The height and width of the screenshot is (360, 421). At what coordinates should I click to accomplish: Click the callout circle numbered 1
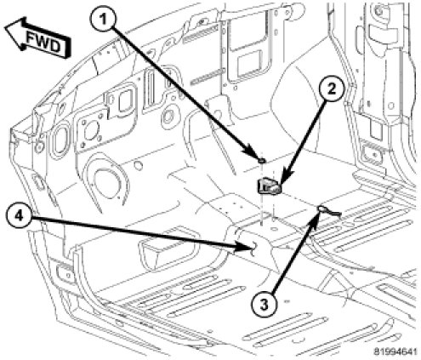pyautogui.click(x=103, y=20)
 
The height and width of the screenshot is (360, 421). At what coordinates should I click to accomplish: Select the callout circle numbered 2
pyautogui.click(x=331, y=89)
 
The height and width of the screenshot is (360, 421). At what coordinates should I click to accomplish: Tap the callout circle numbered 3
pyautogui.click(x=265, y=305)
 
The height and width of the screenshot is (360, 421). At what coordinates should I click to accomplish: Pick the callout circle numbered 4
pyautogui.click(x=18, y=216)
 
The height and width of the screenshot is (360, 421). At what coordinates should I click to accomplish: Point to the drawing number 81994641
pyautogui.click(x=395, y=351)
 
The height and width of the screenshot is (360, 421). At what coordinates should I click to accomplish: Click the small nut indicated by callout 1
pyautogui.click(x=262, y=161)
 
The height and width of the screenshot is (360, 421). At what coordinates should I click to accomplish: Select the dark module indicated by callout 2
pyautogui.click(x=269, y=186)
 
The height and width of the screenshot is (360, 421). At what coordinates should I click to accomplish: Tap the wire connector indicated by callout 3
pyautogui.click(x=328, y=210)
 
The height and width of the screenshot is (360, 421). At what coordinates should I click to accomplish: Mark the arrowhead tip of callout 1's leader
pyautogui.click(x=259, y=160)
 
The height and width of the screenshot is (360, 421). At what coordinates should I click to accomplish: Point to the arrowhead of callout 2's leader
pyautogui.click(x=280, y=185)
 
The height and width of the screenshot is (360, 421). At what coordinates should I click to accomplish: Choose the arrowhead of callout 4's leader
pyautogui.click(x=253, y=249)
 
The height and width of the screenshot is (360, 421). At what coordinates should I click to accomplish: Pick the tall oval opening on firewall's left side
pyautogui.click(x=60, y=142)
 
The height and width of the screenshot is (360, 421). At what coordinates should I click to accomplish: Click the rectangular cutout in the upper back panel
pyautogui.click(x=249, y=63)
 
